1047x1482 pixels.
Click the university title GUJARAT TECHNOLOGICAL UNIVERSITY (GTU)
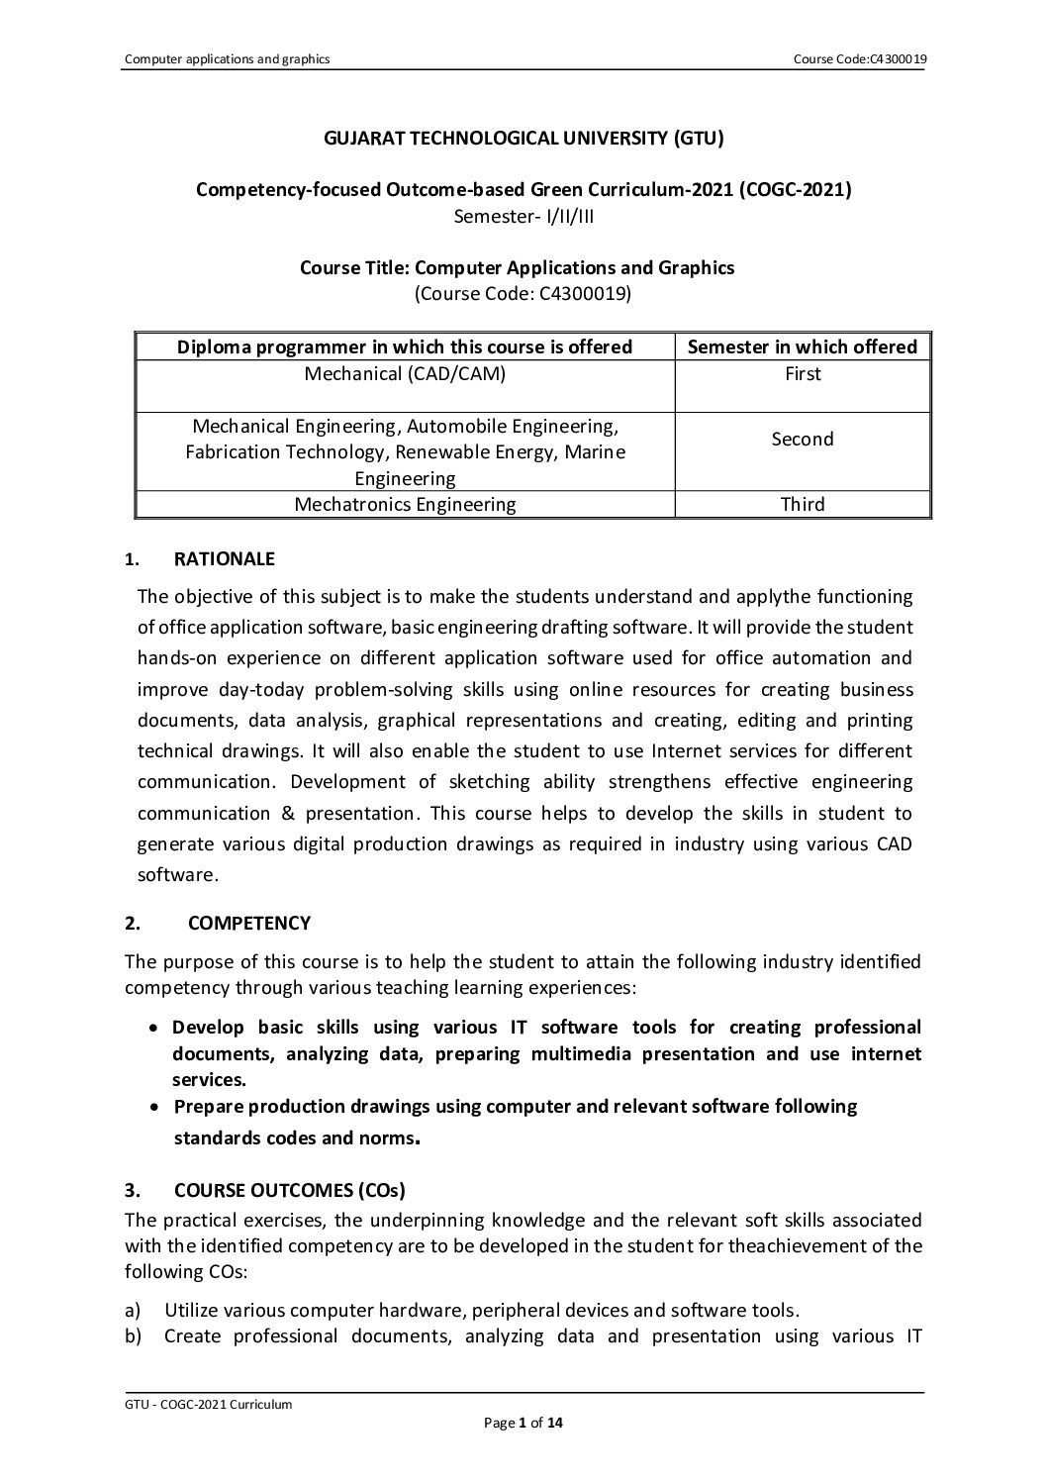pyautogui.click(x=523, y=139)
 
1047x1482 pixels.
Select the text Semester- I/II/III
pyautogui.click(x=523, y=215)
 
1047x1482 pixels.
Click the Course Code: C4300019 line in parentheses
pyautogui.click(x=523, y=293)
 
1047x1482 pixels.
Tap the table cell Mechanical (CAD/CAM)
pyautogui.click(x=404, y=374)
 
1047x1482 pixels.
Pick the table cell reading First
pyautogui.click(x=802, y=374)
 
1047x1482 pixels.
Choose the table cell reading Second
pyautogui.click(x=802, y=440)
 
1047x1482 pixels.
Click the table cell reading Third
pyautogui.click(x=802, y=505)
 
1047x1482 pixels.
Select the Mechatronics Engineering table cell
pyautogui.click(x=404, y=505)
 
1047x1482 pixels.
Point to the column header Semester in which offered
pyautogui.click(x=802, y=346)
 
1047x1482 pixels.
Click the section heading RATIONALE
pyautogui.click(x=224, y=559)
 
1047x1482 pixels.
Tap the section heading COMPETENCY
pyautogui.click(x=248, y=924)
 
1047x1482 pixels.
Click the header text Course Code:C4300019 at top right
pyautogui.click(x=859, y=59)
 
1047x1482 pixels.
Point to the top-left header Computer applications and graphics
pyautogui.click(x=227, y=59)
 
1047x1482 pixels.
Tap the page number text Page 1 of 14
pyautogui.click(x=523, y=1425)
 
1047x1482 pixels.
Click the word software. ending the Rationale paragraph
pyautogui.click(x=177, y=876)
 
